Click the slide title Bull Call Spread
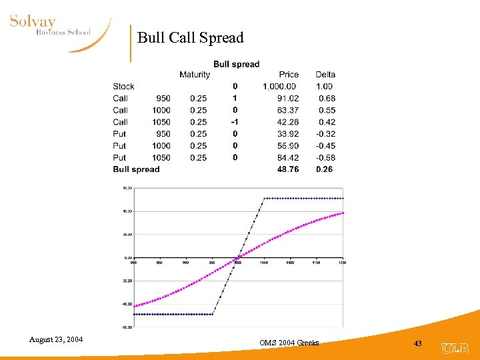point(191,38)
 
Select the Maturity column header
point(194,75)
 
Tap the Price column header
point(289,75)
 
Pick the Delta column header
point(325,75)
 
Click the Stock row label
point(123,87)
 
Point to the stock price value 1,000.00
point(280,87)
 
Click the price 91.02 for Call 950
point(289,99)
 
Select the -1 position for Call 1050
point(235,122)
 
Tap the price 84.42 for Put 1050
point(289,158)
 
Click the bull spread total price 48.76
point(289,169)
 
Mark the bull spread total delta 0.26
point(325,169)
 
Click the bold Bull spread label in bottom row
point(136,169)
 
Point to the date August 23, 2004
point(56,340)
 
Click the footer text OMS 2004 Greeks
point(289,343)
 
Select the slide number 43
point(418,343)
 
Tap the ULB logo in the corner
point(456,347)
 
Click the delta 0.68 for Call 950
point(325,99)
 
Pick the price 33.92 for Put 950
point(289,134)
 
